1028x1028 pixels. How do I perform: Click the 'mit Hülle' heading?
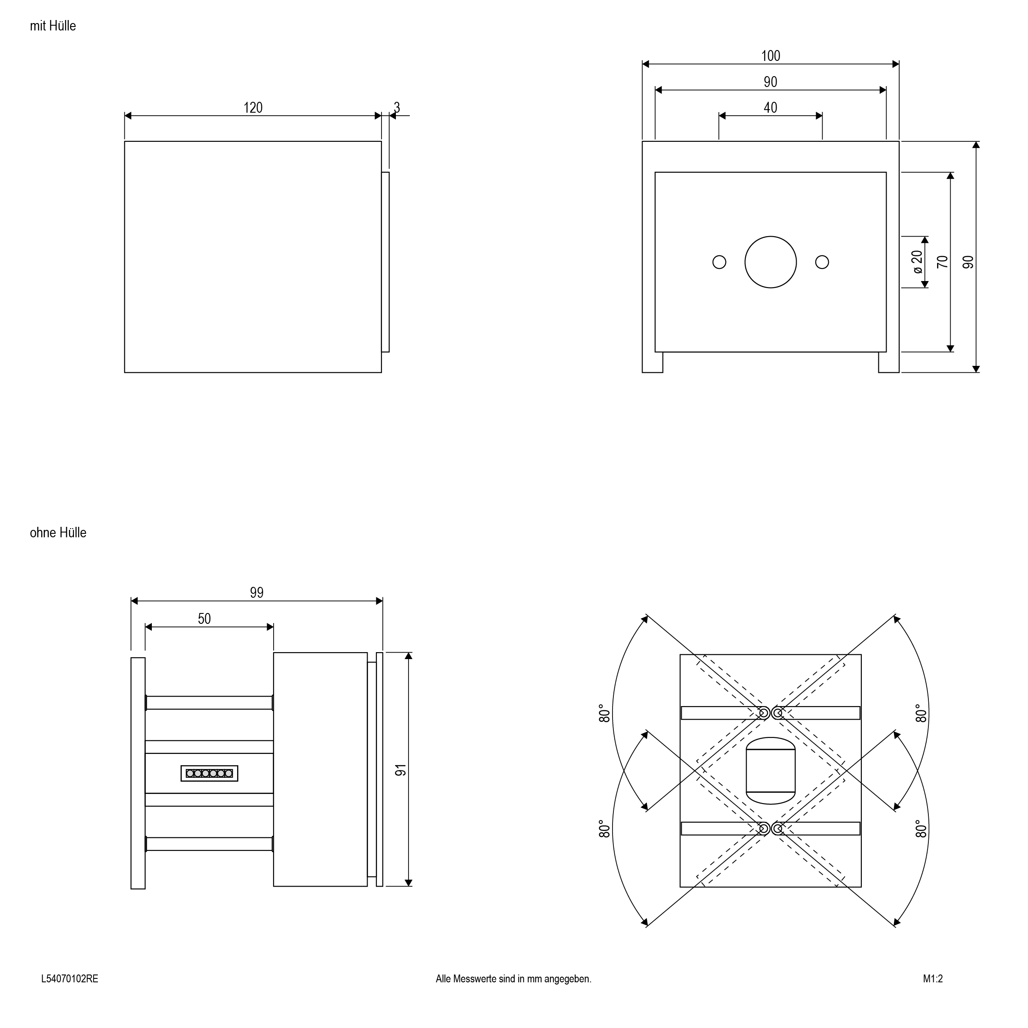53,26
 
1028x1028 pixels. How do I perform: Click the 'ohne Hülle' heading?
58,532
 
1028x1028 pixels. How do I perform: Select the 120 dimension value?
253,107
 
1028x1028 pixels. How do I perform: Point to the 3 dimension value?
396,107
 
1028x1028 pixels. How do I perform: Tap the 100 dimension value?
770,56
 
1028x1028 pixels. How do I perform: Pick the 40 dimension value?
770,107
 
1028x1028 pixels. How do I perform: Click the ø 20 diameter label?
917,262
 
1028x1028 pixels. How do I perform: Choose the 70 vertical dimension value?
942,262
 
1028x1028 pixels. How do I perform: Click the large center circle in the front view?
770,262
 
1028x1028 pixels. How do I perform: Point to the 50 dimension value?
204,619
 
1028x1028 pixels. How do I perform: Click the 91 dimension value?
401,770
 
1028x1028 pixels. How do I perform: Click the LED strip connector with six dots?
209,773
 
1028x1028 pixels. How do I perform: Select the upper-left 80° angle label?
604,713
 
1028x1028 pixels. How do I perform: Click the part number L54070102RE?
70,978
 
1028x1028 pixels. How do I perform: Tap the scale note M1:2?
932,978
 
